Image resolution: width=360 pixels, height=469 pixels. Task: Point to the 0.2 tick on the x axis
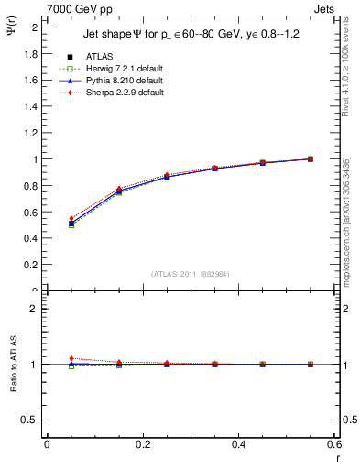tap(142, 444)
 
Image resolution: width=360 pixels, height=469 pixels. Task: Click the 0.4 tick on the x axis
tap(238, 444)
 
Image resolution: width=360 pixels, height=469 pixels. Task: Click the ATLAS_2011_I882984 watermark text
tap(190, 273)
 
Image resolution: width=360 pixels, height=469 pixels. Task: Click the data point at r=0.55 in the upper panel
tap(310, 158)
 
